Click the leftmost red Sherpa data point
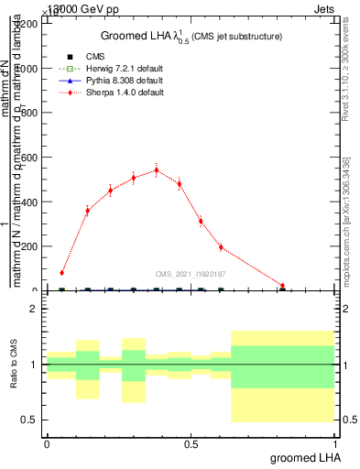pyautogui.click(x=61, y=272)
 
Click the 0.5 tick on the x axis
pyautogui.click(x=191, y=443)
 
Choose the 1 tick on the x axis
pyautogui.click(x=338, y=443)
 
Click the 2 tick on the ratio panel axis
pyautogui.click(x=33, y=309)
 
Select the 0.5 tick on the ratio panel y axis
pyautogui.click(x=29, y=420)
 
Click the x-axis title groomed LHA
pyautogui.click(x=309, y=457)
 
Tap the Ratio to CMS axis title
pyautogui.click(x=14, y=364)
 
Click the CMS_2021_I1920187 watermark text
pyautogui.click(x=191, y=273)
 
